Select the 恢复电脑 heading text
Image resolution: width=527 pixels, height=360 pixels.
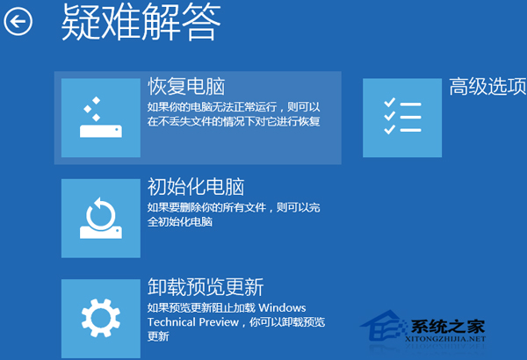tap(186, 86)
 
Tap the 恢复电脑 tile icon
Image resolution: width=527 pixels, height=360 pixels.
tap(101, 118)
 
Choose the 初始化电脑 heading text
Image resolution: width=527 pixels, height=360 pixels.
tap(195, 187)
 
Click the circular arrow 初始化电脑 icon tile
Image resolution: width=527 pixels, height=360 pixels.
tap(101, 219)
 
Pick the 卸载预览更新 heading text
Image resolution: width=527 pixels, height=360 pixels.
tap(206, 288)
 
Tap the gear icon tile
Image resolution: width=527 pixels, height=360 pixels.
tap(101, 316)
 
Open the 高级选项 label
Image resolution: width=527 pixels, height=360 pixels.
tap(487, 86)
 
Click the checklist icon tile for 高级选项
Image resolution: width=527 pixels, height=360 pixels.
tap(402, 118)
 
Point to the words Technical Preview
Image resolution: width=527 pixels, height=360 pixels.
tap(192, 322)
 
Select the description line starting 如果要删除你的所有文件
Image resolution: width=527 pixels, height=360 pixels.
tap(234, 208)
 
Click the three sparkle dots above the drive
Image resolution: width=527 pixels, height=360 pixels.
tap(90, 110)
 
